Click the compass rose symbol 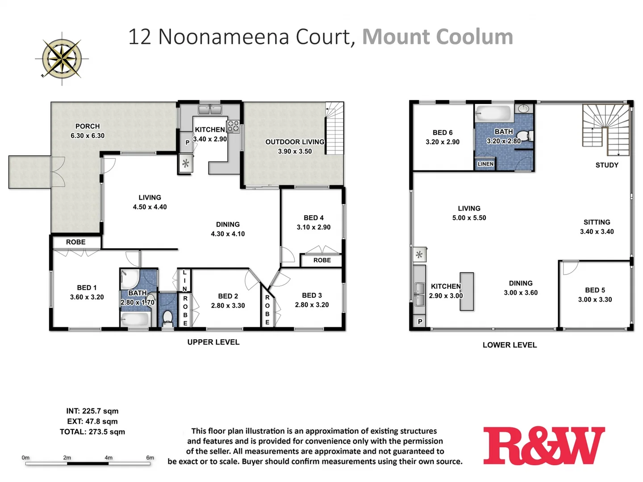point(62,58)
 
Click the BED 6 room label point(443,133)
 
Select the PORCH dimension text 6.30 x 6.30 point(88,136)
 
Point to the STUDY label point(607,165)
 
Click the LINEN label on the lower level point(485,164)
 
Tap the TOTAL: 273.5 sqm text point(92,432)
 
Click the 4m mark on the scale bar point(109,458)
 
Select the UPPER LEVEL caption point(213,342)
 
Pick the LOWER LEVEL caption point(509,345)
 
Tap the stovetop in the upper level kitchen point(233,126)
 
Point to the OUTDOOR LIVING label point(295,142)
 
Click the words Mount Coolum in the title point(438,37)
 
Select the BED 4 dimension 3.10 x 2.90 point(313,227)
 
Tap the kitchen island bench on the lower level point(467,291)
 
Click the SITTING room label point(597,222)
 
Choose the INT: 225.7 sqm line point(92,411)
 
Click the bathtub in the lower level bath point(493,113)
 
